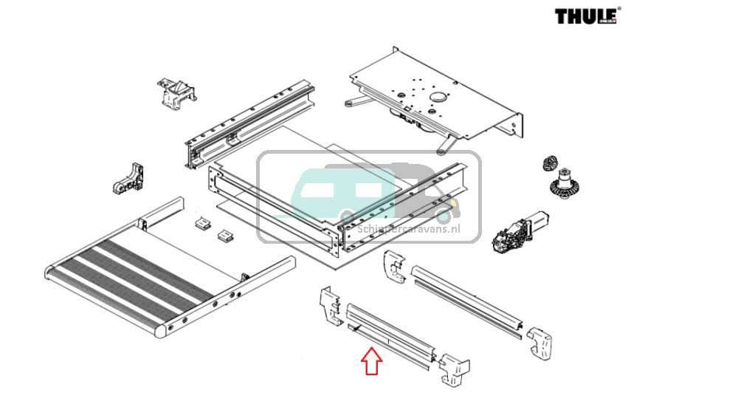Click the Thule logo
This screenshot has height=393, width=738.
click(587, 16)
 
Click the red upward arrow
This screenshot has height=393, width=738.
click(370, 362)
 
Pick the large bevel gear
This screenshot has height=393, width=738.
click(565, 184)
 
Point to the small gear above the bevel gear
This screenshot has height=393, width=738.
click(549, 164)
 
